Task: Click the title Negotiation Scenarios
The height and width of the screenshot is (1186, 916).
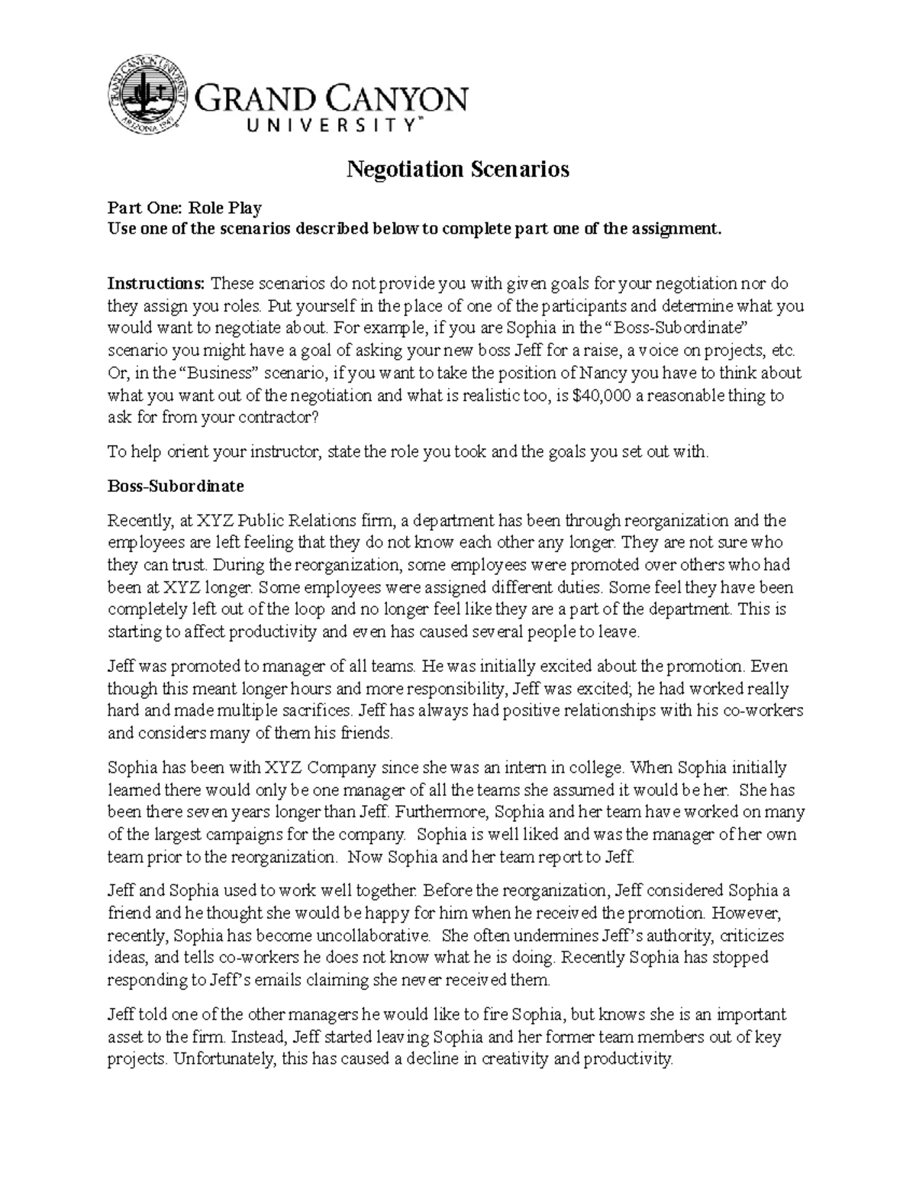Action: pos(458,169)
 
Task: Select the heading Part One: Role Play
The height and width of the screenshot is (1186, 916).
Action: pos(185,208)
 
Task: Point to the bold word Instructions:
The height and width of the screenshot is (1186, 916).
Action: pos(156,283)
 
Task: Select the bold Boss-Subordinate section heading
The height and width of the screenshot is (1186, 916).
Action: pos(176,486)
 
